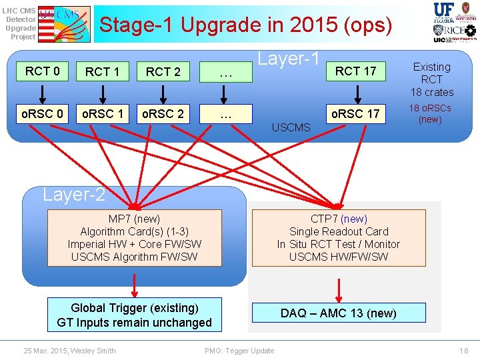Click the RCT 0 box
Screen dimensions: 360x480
(x=43, y=71)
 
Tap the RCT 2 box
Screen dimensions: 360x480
(x=163, y=71)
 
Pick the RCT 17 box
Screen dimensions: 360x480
(x=355, y=71)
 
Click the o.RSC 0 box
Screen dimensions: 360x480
(x=43, y=114)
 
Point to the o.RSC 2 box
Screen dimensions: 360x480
(x=163, y=114)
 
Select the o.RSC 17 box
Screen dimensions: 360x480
(x=355, y=114)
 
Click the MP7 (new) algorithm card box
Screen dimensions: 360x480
(x=134, y=238)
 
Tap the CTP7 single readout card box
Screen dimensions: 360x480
(x=339, y=238)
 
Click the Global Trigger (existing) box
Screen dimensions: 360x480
(x=134, y=315)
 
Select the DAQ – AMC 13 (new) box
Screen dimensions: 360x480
(x=339, y=313)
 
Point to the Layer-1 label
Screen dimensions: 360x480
(x=289, y=59)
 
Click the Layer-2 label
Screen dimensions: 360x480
(x=73, y=195)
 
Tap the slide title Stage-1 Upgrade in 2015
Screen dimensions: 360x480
(x=245, y=25)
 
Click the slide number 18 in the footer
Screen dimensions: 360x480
(x=464, y=351)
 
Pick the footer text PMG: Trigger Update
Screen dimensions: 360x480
(x=239, y=351)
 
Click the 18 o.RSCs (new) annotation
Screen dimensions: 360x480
(x=430, y=113)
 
